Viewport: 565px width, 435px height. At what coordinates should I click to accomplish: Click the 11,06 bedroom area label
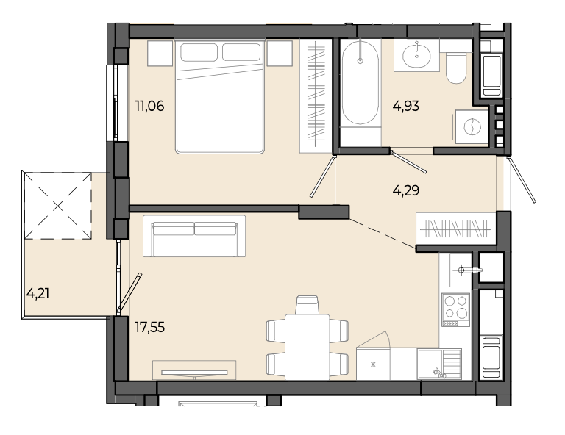click(x=149, y=106)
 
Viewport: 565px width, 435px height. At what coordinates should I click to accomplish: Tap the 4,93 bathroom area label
click(x=406, y=106)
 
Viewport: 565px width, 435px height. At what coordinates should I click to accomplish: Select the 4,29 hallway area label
click(x=406, y=190)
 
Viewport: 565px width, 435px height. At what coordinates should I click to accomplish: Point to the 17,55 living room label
click(x=149, y=327)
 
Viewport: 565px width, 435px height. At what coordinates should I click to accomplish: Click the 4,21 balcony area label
click(x=38, y=294)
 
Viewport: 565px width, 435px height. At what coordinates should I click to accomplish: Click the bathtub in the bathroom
click(x=360, y=84)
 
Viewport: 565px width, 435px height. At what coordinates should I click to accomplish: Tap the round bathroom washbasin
click(x=416, y=55)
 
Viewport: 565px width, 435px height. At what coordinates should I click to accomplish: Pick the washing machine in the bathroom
click(x=472, y=127)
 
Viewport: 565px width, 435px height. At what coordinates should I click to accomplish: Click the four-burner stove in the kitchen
click(x=456, y=309)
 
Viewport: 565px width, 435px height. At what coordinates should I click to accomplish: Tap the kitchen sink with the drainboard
click(x=439, y=364)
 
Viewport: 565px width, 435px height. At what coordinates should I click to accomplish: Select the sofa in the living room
click(x=194, y=236)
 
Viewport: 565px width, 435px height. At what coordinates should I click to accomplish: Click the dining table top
click(x=308, y=347)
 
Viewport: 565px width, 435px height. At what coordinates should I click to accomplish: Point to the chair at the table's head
click(x=307, y=305)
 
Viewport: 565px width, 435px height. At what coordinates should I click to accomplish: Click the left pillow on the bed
click(x=199, y=52)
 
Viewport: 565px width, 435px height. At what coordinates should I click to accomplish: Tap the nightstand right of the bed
click(x=280, y=53)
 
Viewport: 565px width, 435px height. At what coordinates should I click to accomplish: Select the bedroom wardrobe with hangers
click(x=316, y=96)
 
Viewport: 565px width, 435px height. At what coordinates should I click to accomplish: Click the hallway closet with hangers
click(x=456, y=229)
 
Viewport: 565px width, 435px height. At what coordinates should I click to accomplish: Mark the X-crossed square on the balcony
click(x=57, y=206)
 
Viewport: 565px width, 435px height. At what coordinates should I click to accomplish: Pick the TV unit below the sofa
click(x=194, y=370)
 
